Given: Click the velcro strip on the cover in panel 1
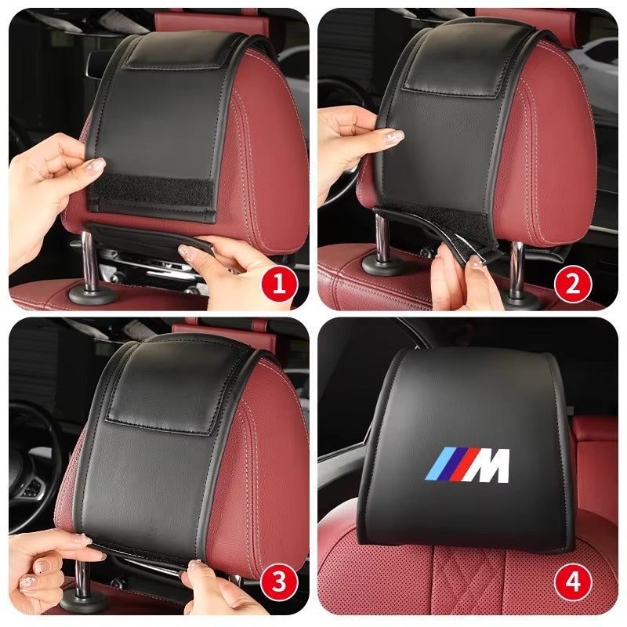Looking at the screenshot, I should point(150,194).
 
